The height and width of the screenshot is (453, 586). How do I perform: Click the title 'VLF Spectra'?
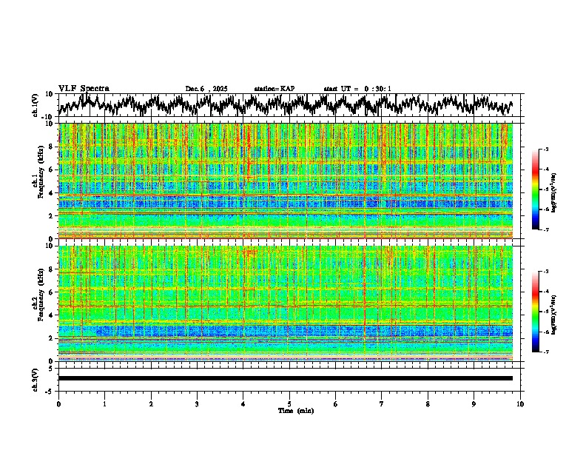tap(84, 88)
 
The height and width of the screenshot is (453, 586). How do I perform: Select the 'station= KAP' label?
tap(275, 89)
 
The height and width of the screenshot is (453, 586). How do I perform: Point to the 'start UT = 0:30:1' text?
tap(357, 89)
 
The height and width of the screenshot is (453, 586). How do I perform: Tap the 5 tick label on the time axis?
tap(289, 404)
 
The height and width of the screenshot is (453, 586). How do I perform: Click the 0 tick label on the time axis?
tap(58, 404)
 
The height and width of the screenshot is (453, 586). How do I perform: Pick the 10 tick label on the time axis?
tap(520, 404)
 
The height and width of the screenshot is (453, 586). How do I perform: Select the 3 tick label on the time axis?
tap(197, 404)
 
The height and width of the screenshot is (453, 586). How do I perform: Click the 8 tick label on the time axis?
tap(428, 404)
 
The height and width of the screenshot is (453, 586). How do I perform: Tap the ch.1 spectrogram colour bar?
tap(536, 190)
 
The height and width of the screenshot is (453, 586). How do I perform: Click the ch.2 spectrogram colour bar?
tap(536, 312)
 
